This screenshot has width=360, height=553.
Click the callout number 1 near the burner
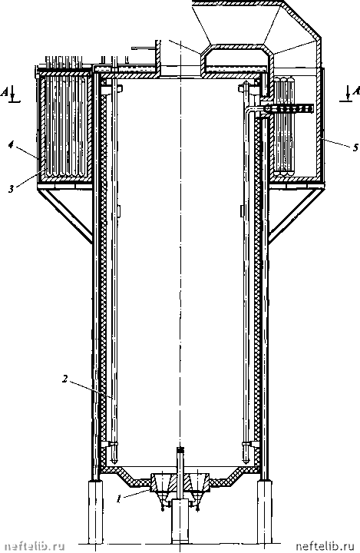[x=120, y=499]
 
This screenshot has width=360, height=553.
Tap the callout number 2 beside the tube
[x=65, y=379]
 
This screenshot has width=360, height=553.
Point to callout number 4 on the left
[x=12, y=145]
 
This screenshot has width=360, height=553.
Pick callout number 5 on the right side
[x=355, y=147]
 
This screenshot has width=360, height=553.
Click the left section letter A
[x=5, y=91]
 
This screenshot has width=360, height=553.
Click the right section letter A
[x=356, y=91]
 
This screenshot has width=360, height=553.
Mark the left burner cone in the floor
[x=162, y=483]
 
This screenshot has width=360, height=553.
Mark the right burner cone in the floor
[x=198, y=483]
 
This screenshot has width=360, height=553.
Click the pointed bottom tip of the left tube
[x=114, y=462]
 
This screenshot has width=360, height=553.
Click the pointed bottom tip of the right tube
[x=246, y=462]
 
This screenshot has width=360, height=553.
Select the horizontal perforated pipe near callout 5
[x=289, y=109]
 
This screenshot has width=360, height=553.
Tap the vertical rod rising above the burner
[x=180, y=462]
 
